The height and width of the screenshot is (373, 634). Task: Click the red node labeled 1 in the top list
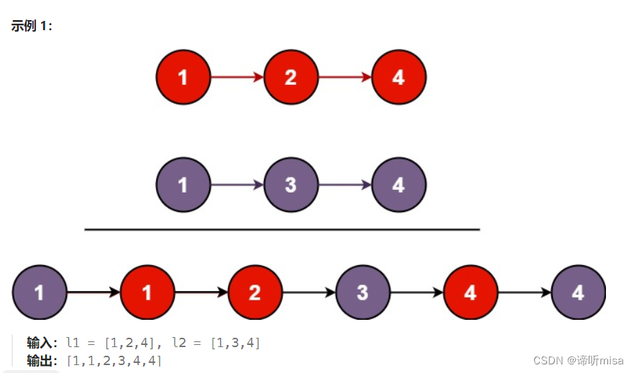pos(183,77)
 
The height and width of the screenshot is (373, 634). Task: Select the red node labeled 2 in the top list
pos(290,77)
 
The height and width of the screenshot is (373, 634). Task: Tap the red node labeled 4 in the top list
pos(399,77)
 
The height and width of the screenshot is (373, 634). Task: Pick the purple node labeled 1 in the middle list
pos(183,185)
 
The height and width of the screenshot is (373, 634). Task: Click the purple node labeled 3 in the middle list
pos(290,185)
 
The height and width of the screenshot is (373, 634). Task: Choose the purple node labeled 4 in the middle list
pos(399,185)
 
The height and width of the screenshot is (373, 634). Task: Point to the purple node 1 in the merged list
pos(40,293)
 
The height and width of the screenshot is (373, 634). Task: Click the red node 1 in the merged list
pos(147,293)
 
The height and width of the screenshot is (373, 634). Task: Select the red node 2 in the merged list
pos(254,293)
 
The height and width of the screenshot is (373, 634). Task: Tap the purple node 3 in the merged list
pos(362,293)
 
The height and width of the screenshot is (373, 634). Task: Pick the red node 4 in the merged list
pos(470,293)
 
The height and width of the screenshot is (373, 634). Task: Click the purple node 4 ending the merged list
pos(578,293)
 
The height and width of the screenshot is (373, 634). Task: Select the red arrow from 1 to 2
pos(237,77)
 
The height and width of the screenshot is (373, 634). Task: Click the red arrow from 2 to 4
pos(345,77)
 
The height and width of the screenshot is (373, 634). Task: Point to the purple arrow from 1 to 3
pos(237,185)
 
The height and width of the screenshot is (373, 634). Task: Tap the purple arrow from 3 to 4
pos(345,185)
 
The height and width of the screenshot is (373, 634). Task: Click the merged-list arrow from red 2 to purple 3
pos(308,293)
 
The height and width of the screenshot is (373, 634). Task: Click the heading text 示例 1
pos(32,26)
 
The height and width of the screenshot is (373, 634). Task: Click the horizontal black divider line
pos(282,229)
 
